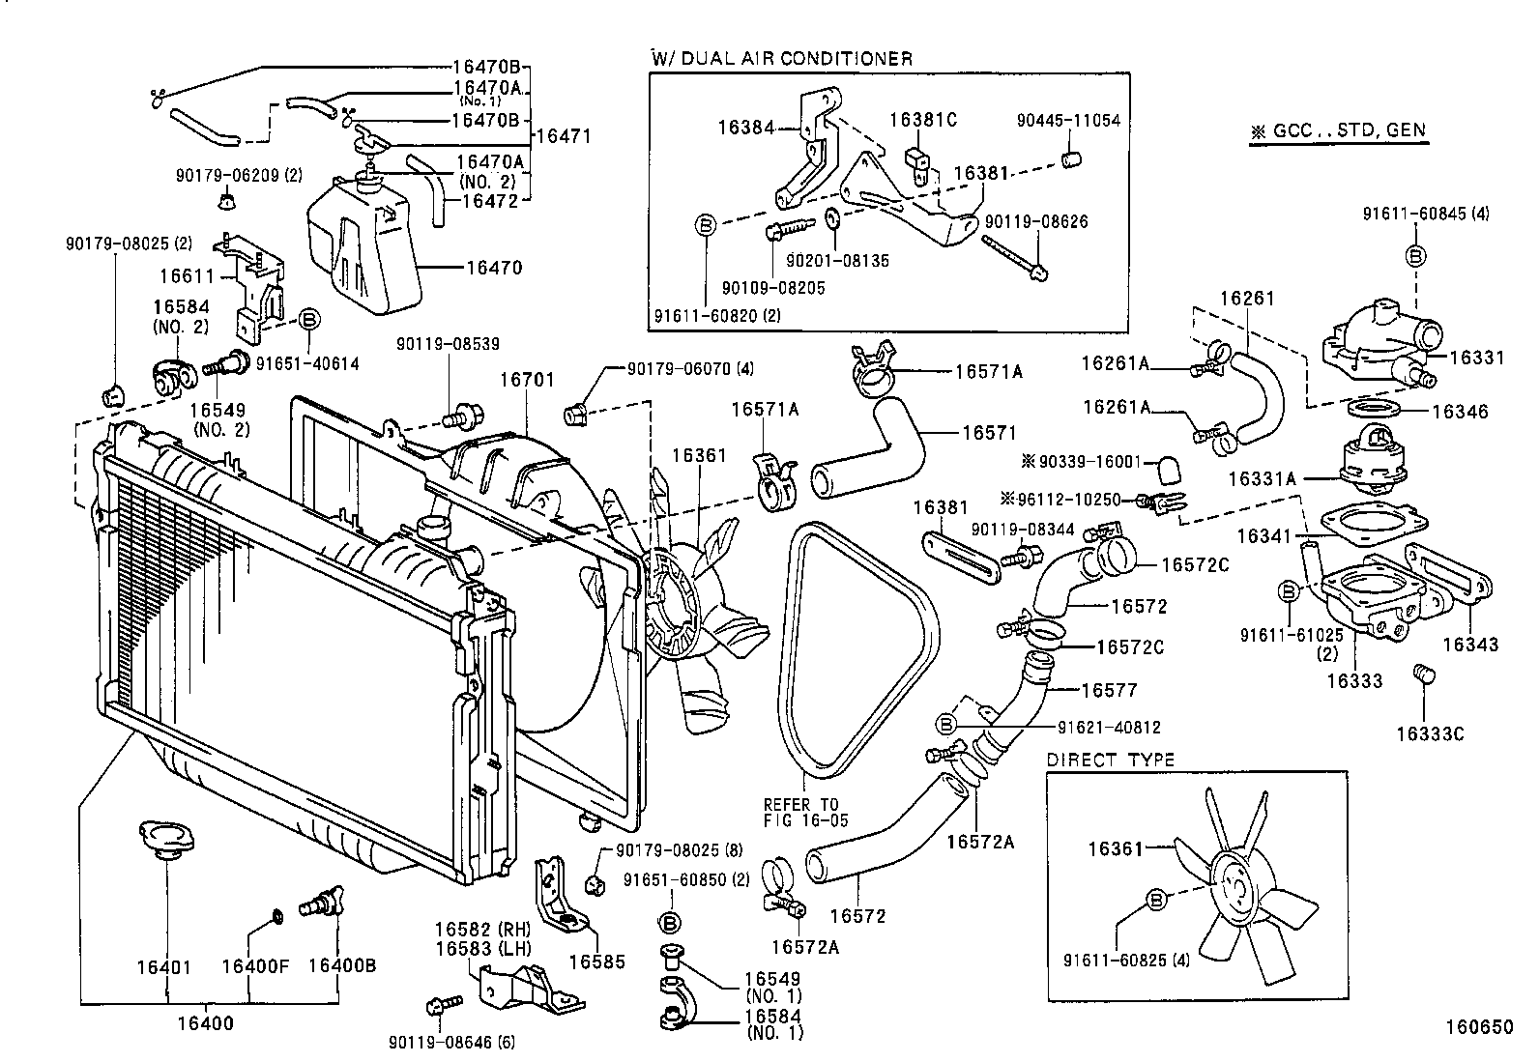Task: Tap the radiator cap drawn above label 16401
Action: click(160, 838)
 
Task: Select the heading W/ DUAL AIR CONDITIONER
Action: click(781, 58)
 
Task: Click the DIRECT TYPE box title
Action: click(1110, 760)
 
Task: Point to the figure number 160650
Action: click(1479, 1028)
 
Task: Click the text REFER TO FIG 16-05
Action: click(800, 812)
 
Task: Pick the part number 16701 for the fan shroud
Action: click(527, 380)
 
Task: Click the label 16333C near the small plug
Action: click(1430, 734)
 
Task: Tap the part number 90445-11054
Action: click(1067, 121)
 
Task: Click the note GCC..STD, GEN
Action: click(1338, 131)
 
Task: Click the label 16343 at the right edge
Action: click(1470, 645)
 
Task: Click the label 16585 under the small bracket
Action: click(595, 962)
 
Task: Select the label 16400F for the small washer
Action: click(255, 967)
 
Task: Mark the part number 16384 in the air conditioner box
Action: click(745, 127)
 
